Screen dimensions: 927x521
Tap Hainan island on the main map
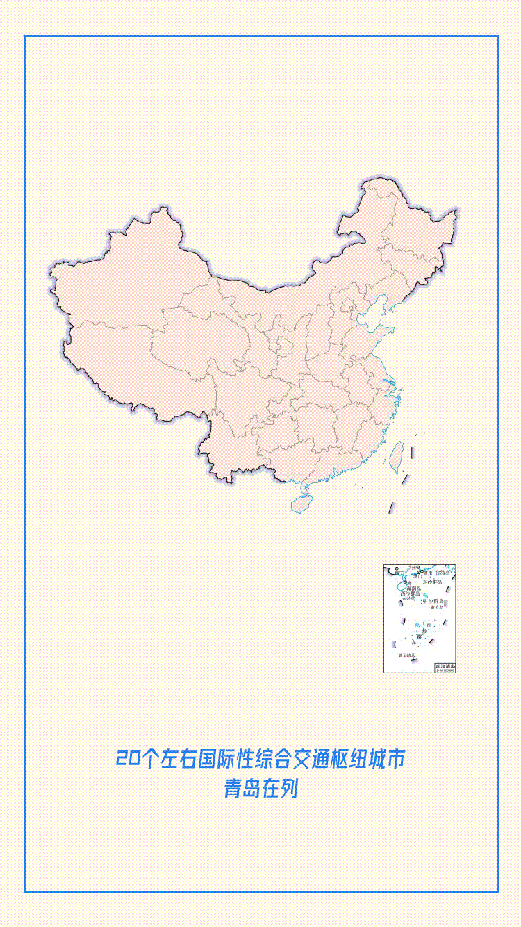click(301, 502)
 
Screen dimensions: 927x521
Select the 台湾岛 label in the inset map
click(443, 573)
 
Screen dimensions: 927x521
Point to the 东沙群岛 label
click(432, 582)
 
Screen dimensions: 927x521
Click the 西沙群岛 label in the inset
click(410, 594)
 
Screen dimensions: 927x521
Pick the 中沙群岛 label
click(433, 601)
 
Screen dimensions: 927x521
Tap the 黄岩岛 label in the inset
click(436, 608)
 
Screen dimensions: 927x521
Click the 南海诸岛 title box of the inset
click(445, 666)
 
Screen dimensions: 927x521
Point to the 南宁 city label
click(399, 573)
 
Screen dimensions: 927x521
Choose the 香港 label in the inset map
click(427, 573)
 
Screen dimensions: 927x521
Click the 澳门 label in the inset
click(417, 577)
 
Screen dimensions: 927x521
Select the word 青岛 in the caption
click(240, 790)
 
